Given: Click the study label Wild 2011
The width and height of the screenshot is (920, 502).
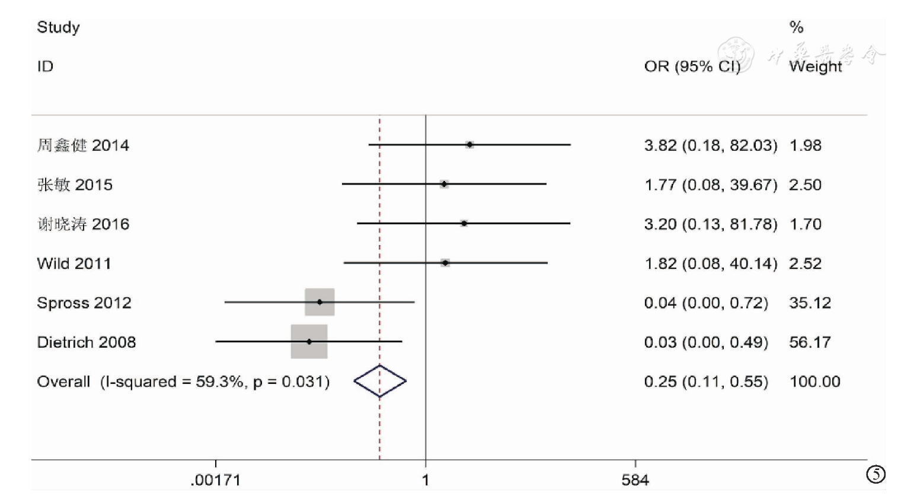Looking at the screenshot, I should pyautogui.click(x=74, y=263).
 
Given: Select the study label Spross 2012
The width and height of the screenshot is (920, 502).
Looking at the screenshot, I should pyautogui.click(x=84, y=303).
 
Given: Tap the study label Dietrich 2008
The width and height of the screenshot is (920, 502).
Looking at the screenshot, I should pyautogui.click(x=86, y=342).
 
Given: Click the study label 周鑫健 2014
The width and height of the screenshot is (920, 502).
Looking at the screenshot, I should pyautogui.click(x=83, y=145).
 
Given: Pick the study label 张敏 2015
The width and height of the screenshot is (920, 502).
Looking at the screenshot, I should pyautogui.click(x=75, y=185).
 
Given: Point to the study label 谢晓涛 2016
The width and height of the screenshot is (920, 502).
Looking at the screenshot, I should pyautogui.click(x=83, y=224).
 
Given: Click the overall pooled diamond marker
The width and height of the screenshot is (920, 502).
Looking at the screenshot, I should pyautogui.click(x=380, y=381).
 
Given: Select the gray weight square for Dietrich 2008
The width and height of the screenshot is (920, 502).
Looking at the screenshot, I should pyautogui.click(x=309, y=342).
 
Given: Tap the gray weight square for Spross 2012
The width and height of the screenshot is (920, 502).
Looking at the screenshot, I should pyautogui.click(x=320, y=302).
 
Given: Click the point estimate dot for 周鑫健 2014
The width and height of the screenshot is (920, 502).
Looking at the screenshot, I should pyautogui.click(x=469, y=144).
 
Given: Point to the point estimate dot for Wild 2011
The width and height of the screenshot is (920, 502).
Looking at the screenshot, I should pyautogui.click(x=445, y=262).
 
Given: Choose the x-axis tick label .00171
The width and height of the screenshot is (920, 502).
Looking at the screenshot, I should pyautogui.click(x=215, y=480).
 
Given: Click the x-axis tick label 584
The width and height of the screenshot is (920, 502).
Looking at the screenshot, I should pyautogui.click(x=635, y=480).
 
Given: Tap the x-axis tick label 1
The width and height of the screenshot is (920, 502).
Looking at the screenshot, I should pyautogui.click(x=425, y=480).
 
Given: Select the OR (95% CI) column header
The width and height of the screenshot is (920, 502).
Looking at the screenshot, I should pyautogui.click(x=692, y=66).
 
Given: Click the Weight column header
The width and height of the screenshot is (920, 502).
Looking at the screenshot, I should pyautogui.click(x=815, y=66).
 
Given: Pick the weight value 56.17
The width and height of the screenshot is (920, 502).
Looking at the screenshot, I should pyautogui.click(x=810, y=342).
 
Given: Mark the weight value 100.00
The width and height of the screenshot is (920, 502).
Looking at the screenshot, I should pyautogui.click(x=814, y=382).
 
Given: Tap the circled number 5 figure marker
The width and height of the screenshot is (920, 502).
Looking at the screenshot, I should pyautogui.click(x=876, y=474).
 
